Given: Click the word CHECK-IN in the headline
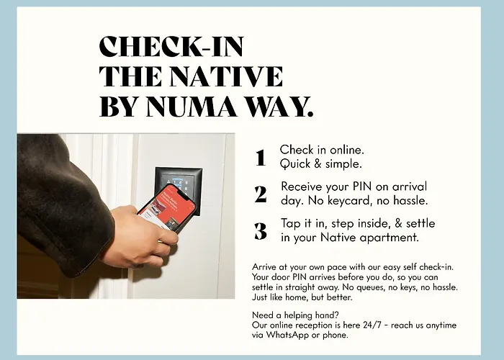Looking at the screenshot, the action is [171, 46].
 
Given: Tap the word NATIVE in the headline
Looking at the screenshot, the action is [226, 76].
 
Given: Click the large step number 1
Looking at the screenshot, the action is [261, 158].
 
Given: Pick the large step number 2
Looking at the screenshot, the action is [261, 194].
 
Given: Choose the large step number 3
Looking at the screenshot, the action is [261, 231].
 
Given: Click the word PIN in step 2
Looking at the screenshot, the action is [362, 186].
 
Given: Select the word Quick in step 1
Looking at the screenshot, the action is [295, 164].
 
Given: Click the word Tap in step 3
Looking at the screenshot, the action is [291, 224].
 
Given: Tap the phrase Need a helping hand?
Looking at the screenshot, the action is [295, 315].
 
